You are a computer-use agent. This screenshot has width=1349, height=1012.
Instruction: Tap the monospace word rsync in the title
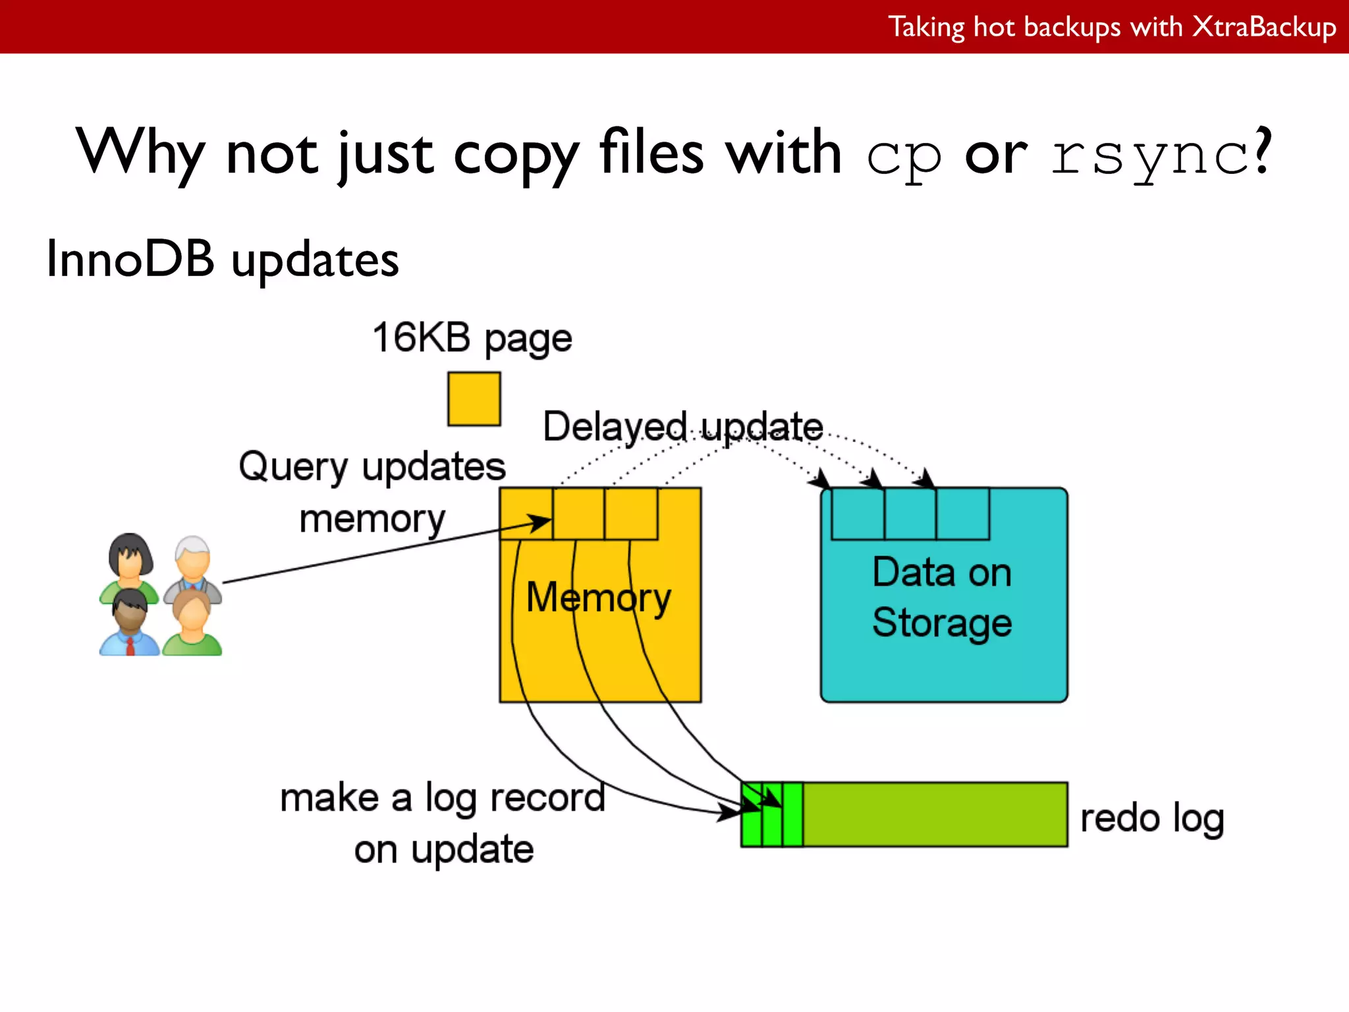tap(1150, 156)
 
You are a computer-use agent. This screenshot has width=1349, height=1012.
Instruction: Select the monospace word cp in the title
tap(904, 156)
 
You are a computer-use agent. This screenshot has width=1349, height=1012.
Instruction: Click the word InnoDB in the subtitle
tap(130, 258)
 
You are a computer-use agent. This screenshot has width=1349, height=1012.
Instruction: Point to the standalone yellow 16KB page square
tap(474, 399)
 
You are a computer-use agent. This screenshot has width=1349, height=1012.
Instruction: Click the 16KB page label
tap(472, 338)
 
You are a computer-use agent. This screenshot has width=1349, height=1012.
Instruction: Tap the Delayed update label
tap(682, 426)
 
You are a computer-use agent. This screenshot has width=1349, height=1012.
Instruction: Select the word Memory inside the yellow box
tap(598, 598)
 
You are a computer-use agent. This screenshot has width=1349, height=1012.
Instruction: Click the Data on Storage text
tap(942, 597)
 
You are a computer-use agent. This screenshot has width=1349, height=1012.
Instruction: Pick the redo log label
tap(1152, 819)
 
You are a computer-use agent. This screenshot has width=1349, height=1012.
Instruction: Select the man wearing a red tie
tap(130, 623)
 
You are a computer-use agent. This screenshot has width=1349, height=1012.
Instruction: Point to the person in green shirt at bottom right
tap(192, 623)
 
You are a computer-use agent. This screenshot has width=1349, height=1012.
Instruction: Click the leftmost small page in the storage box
tap(858, 514)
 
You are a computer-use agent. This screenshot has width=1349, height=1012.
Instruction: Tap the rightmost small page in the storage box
tap(962, 514)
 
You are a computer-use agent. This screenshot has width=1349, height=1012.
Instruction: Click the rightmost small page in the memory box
tap(631, 514)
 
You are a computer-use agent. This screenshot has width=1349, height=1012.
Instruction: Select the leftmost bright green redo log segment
tap(751, 814)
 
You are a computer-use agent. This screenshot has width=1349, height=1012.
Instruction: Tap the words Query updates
tap(372, 467)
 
